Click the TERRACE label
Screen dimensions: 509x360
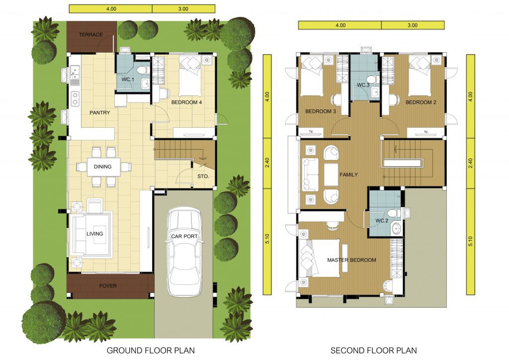point(90,34)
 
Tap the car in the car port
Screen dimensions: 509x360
point(184,253)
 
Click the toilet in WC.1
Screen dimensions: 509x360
point(142,70)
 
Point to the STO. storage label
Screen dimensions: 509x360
point(203,176)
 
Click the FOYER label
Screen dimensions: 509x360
point(108,286)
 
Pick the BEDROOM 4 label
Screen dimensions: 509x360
point(187,102)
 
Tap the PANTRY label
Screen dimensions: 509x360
point(99,113)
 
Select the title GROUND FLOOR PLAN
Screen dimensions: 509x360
point(151,351)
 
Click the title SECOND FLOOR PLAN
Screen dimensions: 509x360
point(374,351)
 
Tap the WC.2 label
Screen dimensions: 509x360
point(382,221)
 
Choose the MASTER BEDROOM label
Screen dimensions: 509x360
point(351,260)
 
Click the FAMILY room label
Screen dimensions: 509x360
point(348,175)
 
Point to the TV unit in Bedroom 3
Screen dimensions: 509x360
point(311,132)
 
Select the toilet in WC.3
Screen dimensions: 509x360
point(373,79)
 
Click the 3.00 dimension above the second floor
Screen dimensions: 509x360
point(412,25)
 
